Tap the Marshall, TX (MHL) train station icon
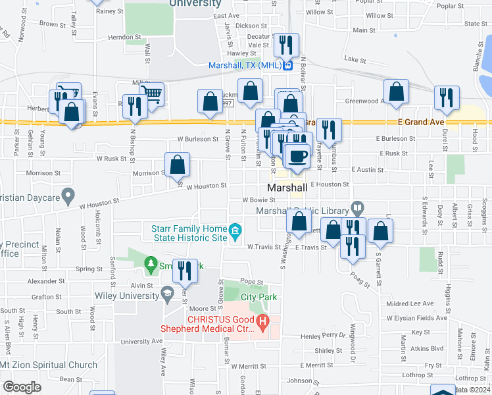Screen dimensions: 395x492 point(287,65)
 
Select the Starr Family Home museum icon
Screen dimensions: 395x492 point(235,230)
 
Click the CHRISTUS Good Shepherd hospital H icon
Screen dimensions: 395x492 point(262,323)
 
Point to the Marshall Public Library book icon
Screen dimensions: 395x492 point(357,209)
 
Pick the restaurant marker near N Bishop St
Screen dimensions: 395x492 point(135,105)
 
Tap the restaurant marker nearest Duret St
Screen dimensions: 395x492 point(447,97)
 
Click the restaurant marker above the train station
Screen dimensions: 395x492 point(286,44)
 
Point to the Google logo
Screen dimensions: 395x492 point(22,387)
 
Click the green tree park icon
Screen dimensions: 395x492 point(151,264)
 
